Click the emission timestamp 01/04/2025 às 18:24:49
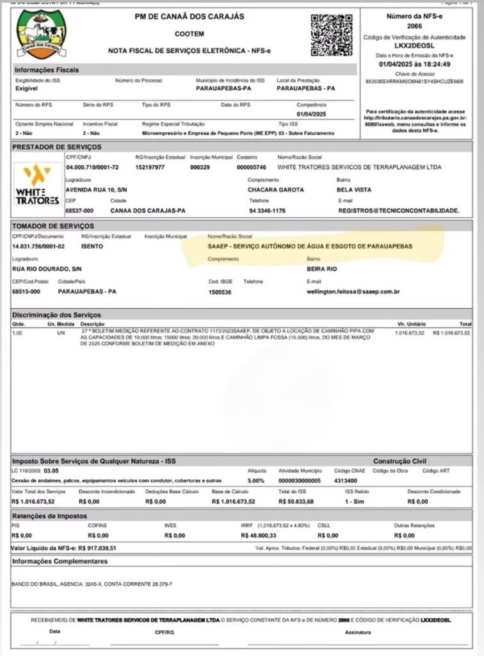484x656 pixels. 414,64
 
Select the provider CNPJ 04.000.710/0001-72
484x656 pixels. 92,167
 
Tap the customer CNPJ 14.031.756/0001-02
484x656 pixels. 38,247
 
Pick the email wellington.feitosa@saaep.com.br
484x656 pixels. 353,292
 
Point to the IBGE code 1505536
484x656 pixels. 220,292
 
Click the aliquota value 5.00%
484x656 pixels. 255,480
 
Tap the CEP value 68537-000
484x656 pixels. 79,210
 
